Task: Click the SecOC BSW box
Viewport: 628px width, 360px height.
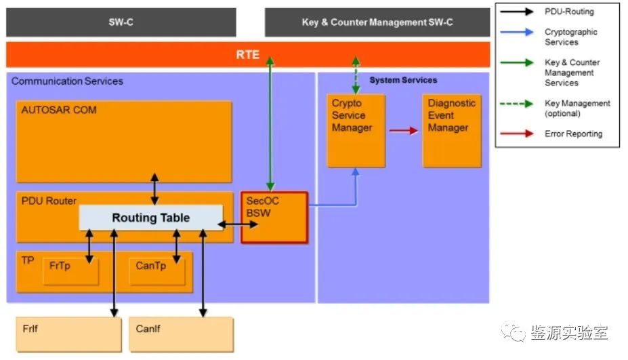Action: pyautogui.click(x=274, y=217)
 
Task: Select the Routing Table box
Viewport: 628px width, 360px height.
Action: pyautogui.click(x=151, y=218)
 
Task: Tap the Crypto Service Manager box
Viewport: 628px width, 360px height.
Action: pyautogui.click(x=356, y=130)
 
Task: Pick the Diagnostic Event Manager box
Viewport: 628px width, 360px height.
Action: pyautogui.click(x=452, y=130)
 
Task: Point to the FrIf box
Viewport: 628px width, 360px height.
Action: pyautogui.click(x=67, y=334)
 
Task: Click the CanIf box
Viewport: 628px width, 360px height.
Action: pyautogui.click(x=181, y=334)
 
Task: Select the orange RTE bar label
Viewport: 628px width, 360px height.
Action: pyautogui.click(x=248, y=54)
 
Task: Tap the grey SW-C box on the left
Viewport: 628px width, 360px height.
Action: pyautogui.click(x=121, y=22)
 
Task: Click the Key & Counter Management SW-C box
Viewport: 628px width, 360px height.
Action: pyautogui.click(x=377, y=22)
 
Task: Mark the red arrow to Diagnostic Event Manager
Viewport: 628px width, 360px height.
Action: pyautogui.click(x=404, y=131)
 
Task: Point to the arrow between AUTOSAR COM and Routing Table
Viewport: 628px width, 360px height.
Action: pyautogui.click(x=154, y=189)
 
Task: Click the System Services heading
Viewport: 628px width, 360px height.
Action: pyautogui.click(x=403, y=80)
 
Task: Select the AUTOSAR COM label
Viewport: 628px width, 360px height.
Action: pyautogui.click(x=59, y=110)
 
